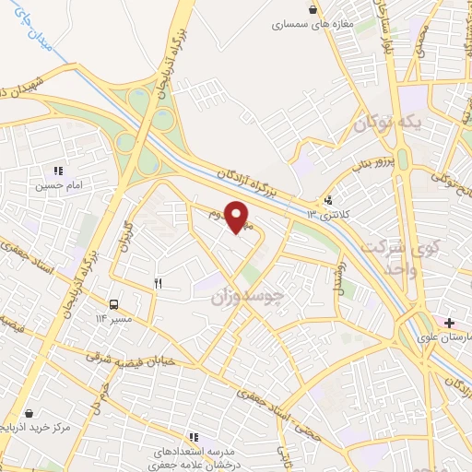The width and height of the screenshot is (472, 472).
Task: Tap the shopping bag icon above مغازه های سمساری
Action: coord(315,9)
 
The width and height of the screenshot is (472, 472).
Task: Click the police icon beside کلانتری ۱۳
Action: coord(329,200)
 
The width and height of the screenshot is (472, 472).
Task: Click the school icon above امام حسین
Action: coord(58,171)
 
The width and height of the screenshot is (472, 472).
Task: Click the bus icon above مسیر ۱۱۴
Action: coord(113,303)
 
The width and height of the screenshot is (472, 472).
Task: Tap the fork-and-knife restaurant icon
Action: coord(158,283)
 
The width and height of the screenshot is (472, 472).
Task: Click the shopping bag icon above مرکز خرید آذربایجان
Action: coord(32,415)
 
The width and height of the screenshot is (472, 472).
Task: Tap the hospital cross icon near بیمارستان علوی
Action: coord(449,322)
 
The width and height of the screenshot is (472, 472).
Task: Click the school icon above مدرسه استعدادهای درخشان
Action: coord(194,436)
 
